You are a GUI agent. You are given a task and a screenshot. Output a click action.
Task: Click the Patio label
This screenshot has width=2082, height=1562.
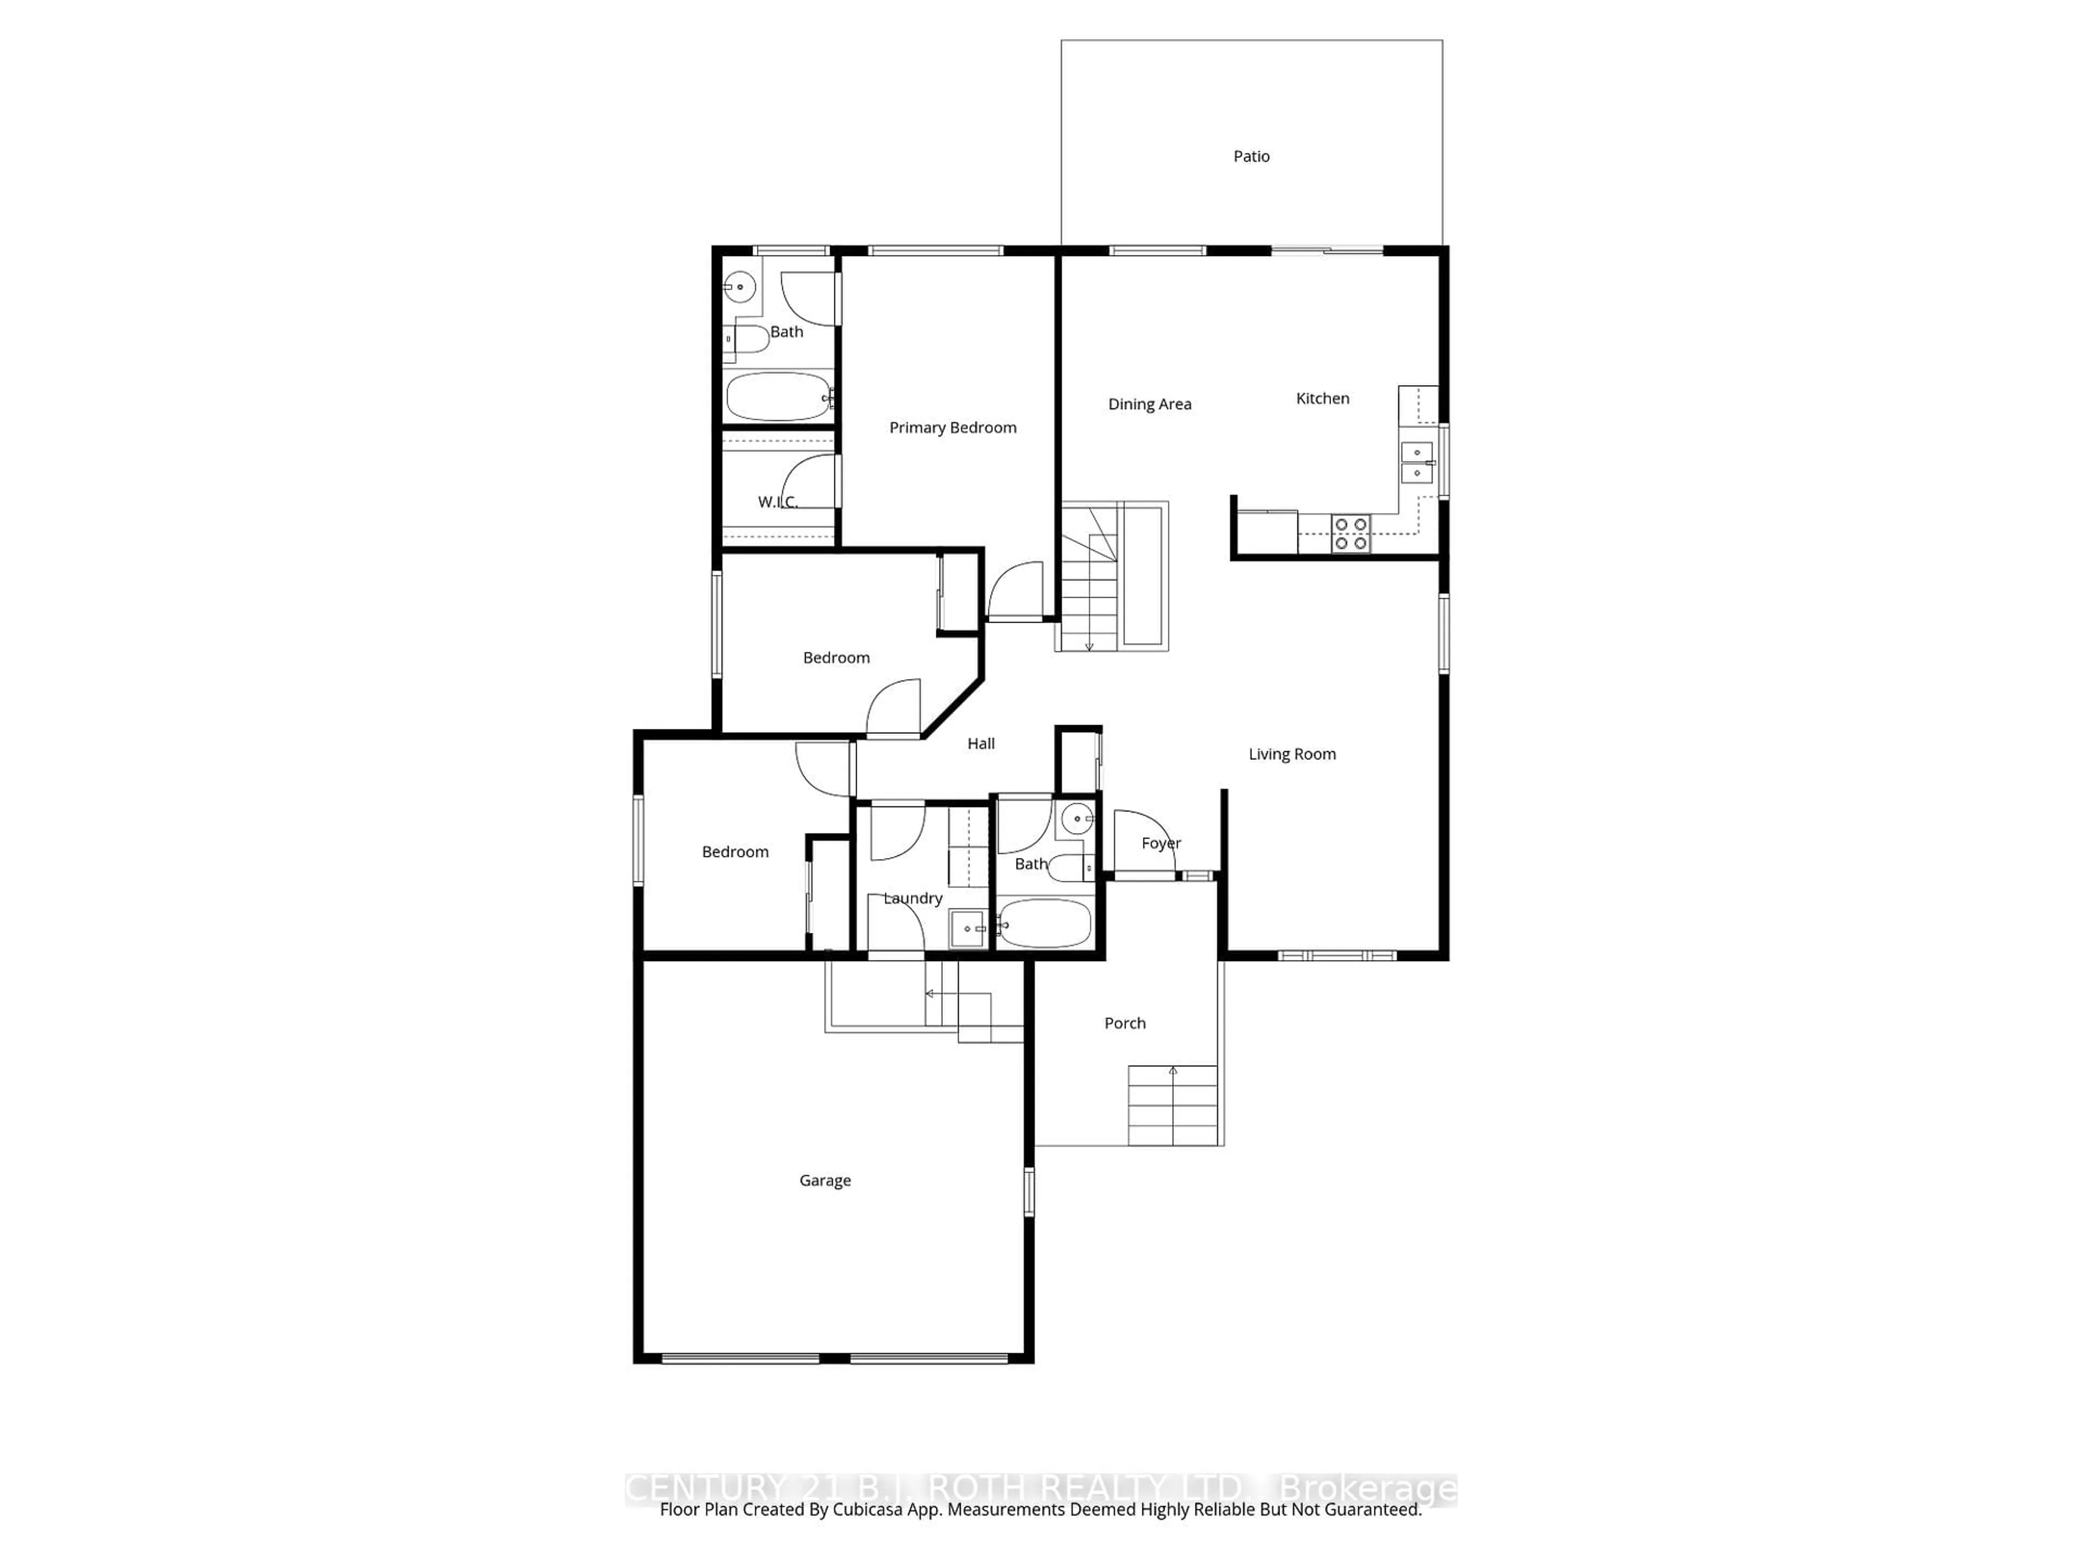(x=1251, y=156)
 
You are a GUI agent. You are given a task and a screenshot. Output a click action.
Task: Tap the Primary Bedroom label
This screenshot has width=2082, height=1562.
(x=953, y=427)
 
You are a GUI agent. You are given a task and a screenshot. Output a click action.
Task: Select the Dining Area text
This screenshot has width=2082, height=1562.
(x=1149, y=404)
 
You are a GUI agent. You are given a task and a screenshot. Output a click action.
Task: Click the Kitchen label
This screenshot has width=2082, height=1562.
(x=1322, y=398)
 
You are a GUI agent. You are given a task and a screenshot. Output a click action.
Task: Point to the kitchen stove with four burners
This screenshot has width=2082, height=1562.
(x=1351, y=534)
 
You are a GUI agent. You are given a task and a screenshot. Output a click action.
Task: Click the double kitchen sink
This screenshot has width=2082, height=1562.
(x=1417, y=462)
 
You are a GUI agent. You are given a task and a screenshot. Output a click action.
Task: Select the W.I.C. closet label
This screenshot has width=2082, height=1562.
(x=777, y=502)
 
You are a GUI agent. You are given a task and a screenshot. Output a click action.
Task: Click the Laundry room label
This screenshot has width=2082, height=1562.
(x=912, y=898)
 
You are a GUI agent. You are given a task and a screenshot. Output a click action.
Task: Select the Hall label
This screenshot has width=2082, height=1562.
(x=981, y=744)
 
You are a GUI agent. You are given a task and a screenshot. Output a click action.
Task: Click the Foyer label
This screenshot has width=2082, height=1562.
(x=1160, y=843)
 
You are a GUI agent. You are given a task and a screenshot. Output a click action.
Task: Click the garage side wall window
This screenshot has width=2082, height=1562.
(x=1029, y=1192)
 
